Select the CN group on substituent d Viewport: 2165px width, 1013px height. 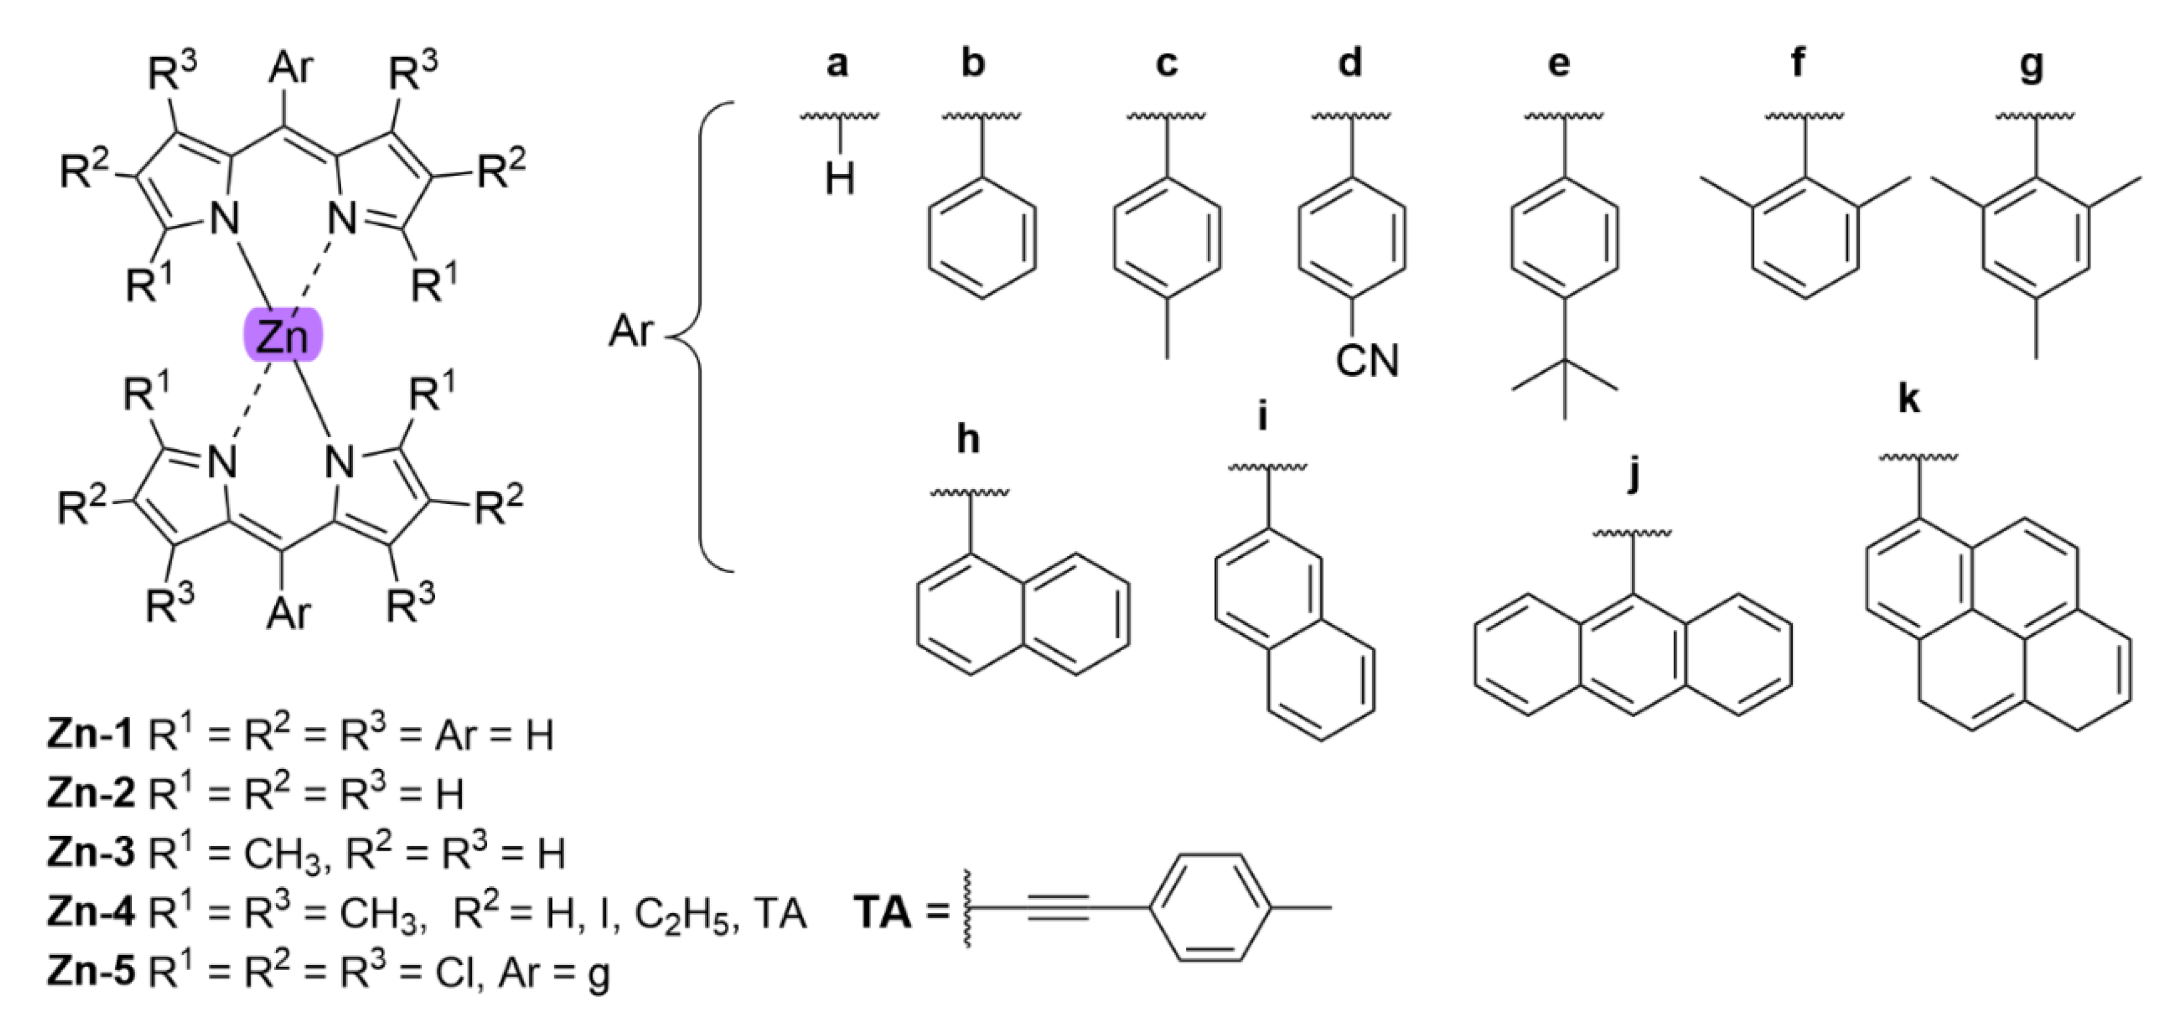pos(1367,360)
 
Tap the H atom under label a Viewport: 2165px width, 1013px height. pos(840,179)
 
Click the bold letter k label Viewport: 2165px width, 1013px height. pos(1909,398)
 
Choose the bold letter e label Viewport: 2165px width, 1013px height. pos(1559,63)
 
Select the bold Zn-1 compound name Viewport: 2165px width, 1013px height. pos(90,735)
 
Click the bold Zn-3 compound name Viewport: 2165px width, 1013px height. pos(90,852)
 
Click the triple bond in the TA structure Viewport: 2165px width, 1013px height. pos(1059,907)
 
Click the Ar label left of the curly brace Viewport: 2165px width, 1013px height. pos(630,331)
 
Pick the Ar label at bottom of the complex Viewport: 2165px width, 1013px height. pos(289,612)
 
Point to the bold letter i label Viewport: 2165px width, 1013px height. pos(1262,415)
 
